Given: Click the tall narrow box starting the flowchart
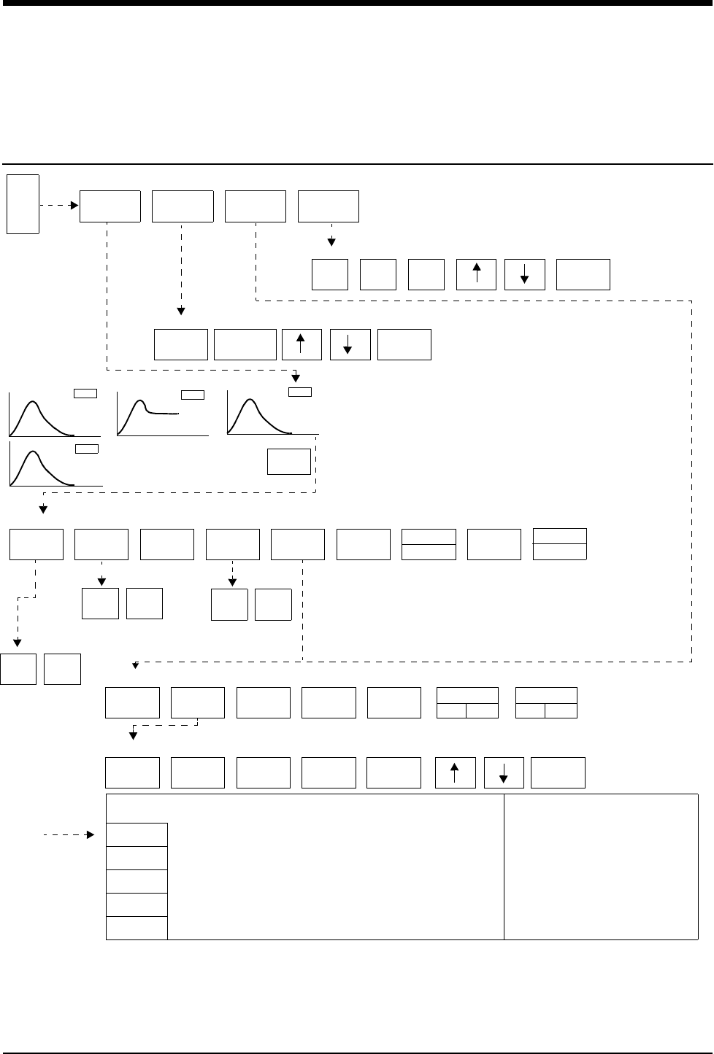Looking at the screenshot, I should click(23, 204).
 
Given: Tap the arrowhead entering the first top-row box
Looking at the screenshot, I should click(74, 206).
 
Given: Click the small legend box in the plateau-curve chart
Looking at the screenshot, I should click(193, 395).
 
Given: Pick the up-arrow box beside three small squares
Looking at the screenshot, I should click(476, 274).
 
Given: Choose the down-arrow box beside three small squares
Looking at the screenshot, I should click(525, 274).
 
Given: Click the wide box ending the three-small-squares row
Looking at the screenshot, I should click(583, 274).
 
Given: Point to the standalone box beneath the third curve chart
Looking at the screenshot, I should click(289, 462).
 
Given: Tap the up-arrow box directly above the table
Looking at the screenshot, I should click(455, 773).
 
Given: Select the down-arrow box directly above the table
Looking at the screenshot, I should click(504, 773).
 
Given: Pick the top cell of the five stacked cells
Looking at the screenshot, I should click(137, 834).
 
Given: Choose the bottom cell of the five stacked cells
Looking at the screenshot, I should click(137, 928).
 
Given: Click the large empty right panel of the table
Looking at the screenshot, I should click(601, 867).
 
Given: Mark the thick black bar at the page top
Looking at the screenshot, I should click(357, 4).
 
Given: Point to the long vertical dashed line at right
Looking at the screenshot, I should click(691, 481).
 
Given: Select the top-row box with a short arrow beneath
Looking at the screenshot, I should click(329, 206).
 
